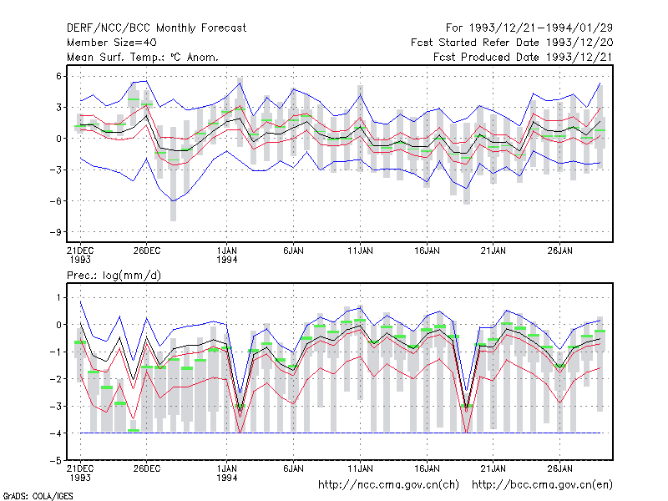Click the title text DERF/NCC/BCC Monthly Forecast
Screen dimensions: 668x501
click(156, 28)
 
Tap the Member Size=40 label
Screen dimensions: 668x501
click(112, 43)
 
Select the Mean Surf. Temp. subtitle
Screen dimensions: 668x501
click(143, 57)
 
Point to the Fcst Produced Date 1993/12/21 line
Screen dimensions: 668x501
click(523, 57)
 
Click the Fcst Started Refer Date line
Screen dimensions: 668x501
click(512, 43)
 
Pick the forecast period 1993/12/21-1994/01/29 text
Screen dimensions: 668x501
click(529, 28)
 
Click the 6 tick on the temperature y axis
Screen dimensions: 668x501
click(58, 76)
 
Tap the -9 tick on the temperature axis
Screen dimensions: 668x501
click(55, 232)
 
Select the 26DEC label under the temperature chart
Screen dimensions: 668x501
click(147, 250)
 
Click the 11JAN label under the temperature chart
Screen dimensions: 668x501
click(360, 250)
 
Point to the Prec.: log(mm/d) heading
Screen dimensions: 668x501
click(114, 276)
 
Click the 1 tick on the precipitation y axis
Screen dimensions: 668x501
click(58, 297)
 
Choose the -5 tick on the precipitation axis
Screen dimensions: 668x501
click(55, 461)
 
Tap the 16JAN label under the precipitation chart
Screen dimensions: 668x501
click(427, 468)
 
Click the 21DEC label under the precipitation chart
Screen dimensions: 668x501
click(80, 473)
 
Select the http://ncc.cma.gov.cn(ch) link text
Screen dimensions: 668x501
click(388, 485)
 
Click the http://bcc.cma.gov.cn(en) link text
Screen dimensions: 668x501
click(542, 485)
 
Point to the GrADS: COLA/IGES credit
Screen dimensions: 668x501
click(38, 496)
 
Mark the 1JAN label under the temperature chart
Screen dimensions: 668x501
click(226, 255)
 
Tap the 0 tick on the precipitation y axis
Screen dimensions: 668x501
click(58, 325)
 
